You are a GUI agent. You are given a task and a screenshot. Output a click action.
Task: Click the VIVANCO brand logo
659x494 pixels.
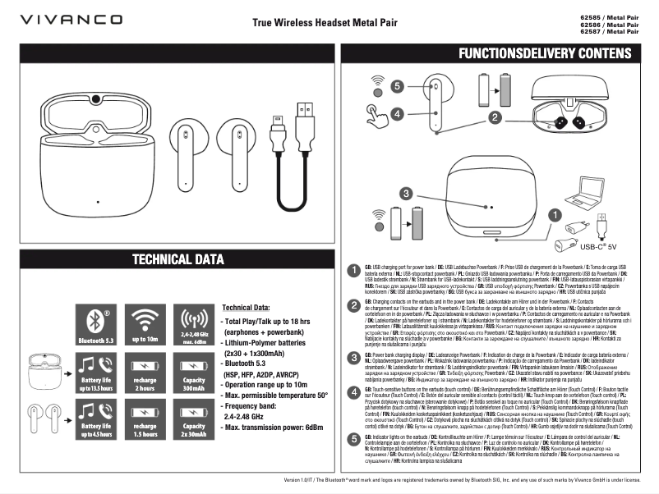tap(71, 19)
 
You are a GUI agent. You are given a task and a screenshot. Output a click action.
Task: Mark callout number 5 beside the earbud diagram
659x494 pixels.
tap(398, 85)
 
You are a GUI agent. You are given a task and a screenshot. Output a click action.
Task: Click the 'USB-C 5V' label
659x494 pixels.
tap(598, 245)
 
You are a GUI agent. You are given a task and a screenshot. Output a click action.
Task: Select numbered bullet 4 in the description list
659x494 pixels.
tap(354, 392)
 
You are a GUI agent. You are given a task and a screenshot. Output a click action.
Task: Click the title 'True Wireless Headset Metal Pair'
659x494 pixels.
tap(325, 22)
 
